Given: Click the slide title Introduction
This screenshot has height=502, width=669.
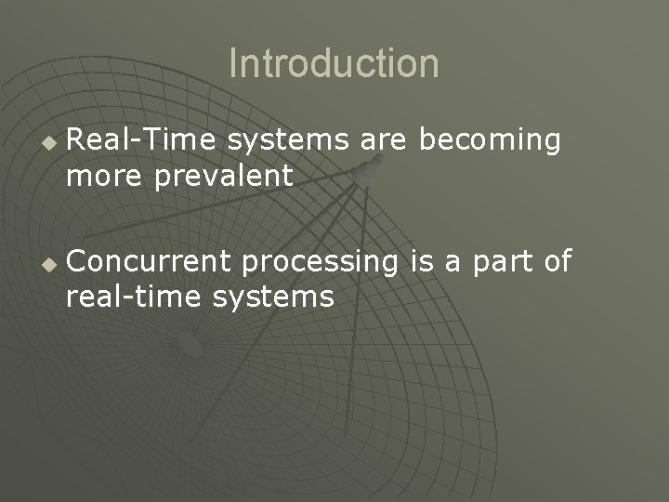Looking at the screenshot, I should (x=334, y=64).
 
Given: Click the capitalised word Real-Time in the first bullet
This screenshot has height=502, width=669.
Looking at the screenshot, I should (x=141, y=141).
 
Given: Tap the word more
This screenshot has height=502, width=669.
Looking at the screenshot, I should (x=104, y=175).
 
